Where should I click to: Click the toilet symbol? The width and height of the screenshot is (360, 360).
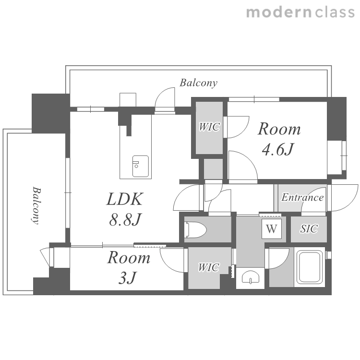click(195, 229)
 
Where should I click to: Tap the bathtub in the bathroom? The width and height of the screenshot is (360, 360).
click(309, 267)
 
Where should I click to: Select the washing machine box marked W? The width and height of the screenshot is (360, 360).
click(272, 229)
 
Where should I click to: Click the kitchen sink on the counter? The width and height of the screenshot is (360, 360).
click(140, 166)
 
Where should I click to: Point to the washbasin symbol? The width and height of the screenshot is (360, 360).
click(250, 277)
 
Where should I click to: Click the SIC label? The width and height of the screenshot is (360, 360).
click(309, 228)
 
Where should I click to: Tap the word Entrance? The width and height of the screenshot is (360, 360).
click(302, 197)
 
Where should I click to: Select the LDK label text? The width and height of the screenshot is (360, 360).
click(125, 199)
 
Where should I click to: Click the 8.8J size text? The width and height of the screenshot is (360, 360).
click(125, 219)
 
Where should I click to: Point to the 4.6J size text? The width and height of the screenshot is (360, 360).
click(278, 149)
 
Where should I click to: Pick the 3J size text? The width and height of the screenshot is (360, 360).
click(128, 277)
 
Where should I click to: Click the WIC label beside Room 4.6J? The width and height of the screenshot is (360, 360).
click(209, 127)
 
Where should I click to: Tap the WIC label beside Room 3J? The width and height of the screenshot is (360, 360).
click(208, 267)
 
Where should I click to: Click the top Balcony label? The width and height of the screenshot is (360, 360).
click(198, 83)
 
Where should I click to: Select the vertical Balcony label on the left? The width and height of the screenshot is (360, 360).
click(36, 205)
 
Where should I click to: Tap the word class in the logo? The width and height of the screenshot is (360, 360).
click(335, 12)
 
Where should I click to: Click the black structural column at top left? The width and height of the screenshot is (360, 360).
click(51, 113)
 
